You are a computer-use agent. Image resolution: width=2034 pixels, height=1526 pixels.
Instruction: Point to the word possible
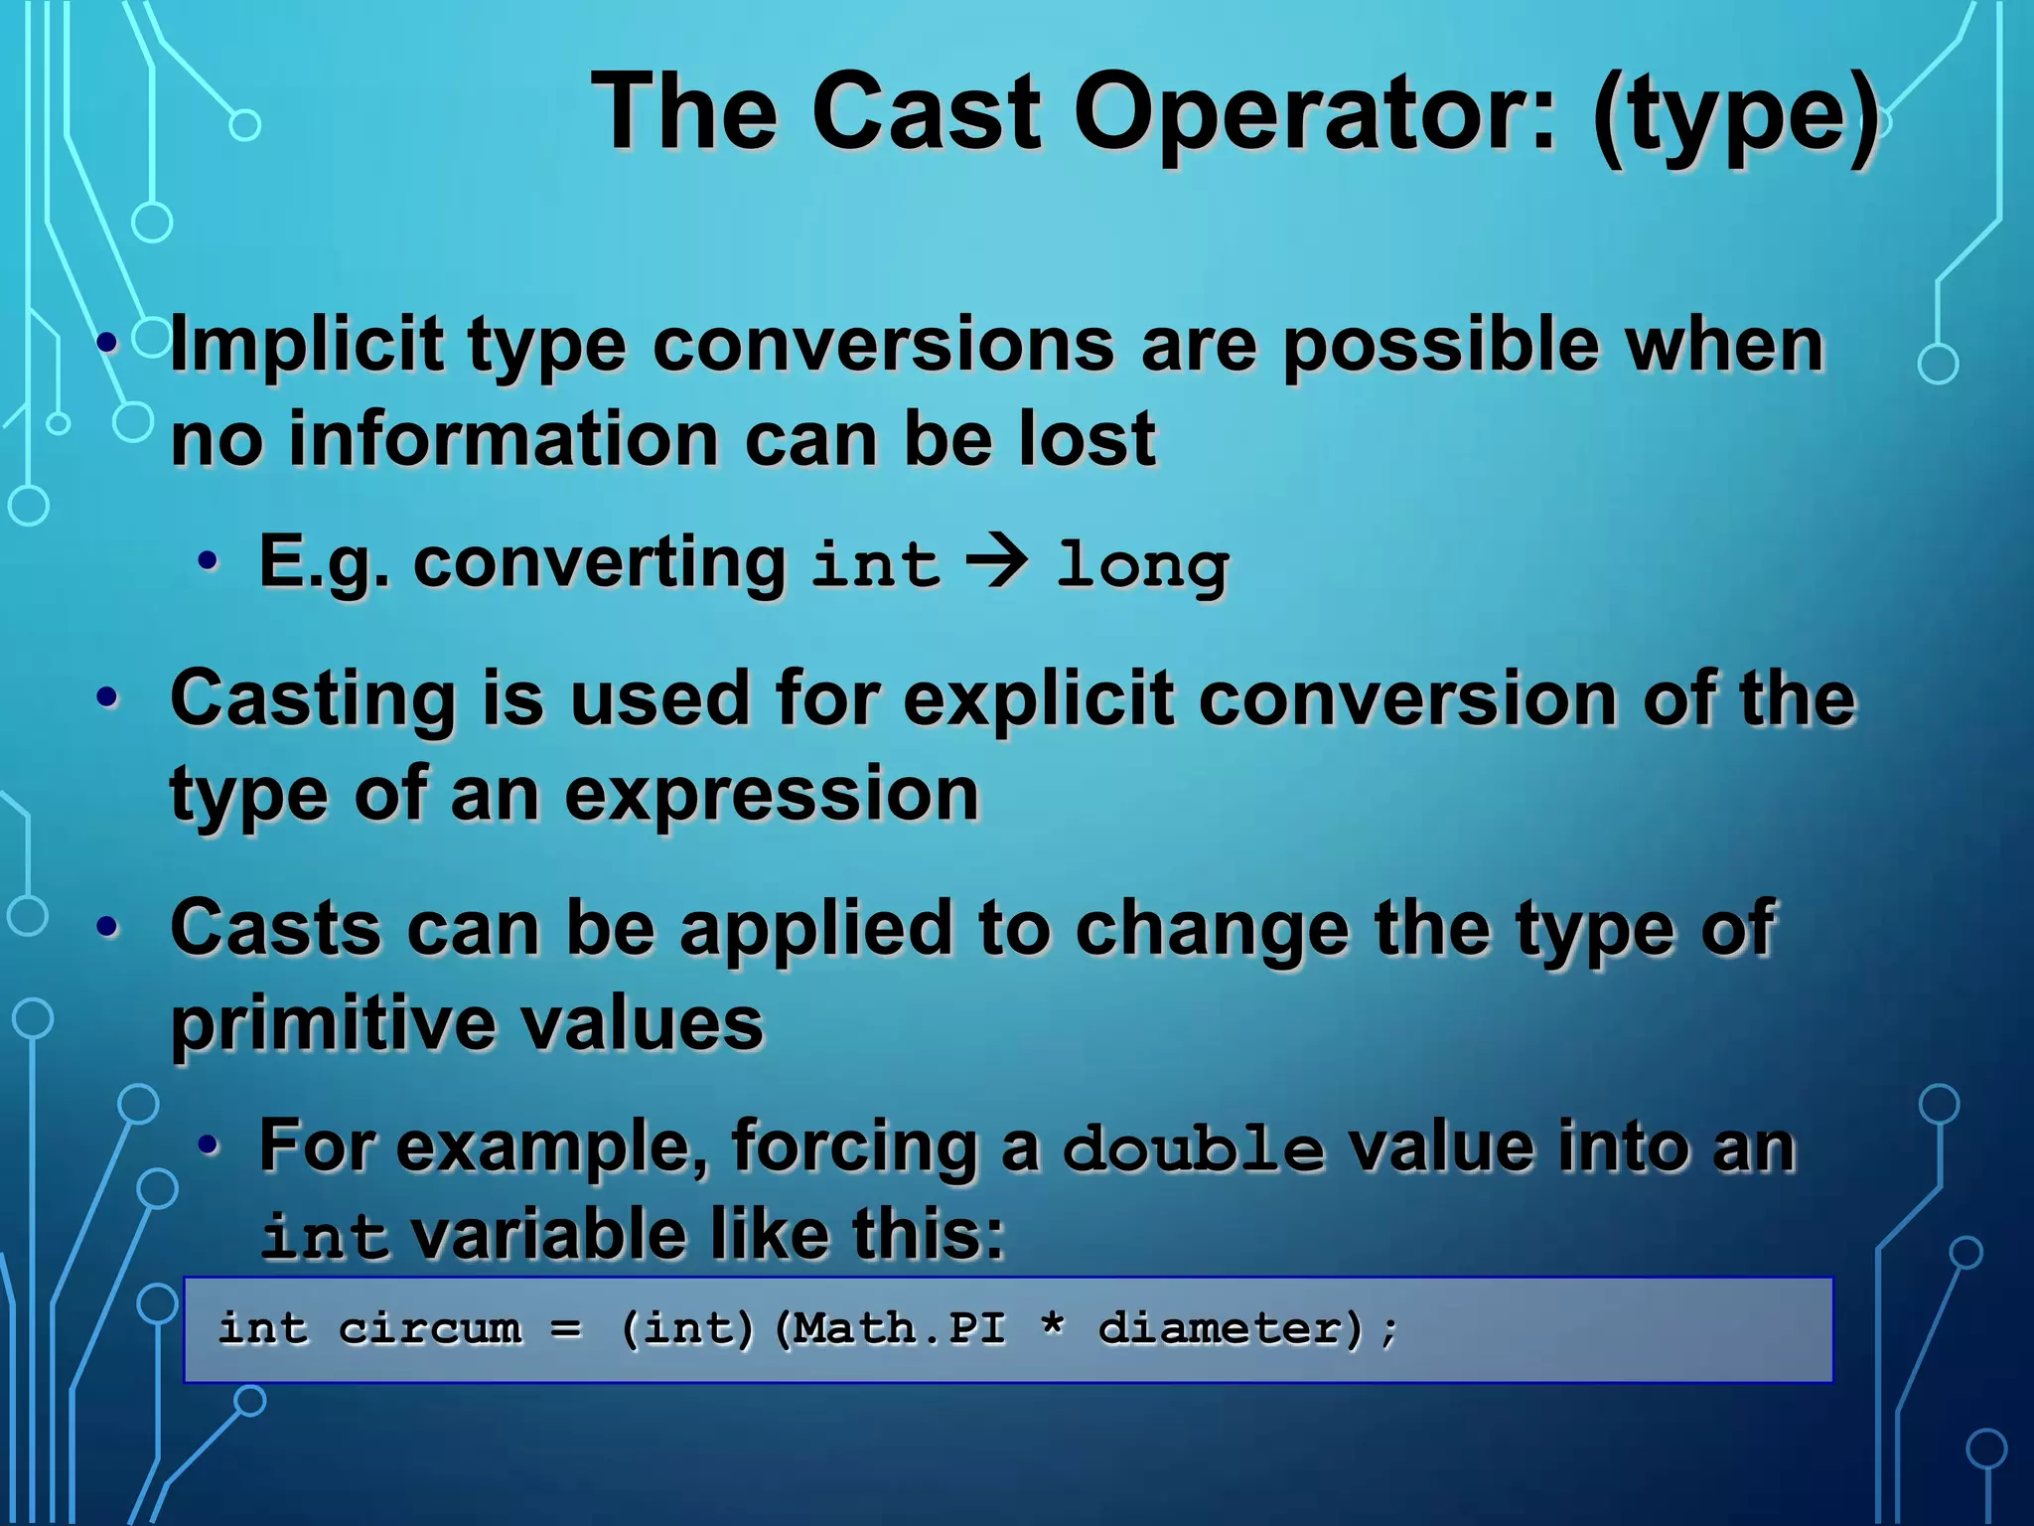1440,345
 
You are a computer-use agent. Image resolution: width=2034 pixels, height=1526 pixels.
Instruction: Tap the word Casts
275,928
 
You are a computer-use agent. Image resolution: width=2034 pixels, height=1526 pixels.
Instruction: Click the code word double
1193,1148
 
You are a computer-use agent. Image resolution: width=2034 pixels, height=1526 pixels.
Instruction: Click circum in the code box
429,1328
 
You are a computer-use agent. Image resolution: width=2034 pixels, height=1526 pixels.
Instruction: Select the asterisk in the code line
1053,1325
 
